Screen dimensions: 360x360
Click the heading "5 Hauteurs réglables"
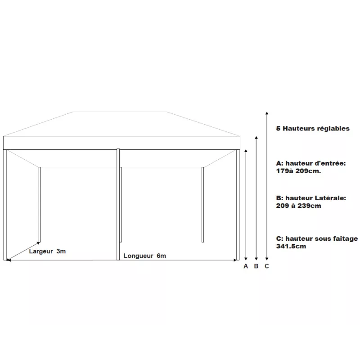pos(313,129)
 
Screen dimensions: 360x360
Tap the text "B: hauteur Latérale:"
pos(311,198)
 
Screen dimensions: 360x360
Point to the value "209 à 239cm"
pos(298,206)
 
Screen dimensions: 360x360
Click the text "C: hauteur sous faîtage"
pos(317,238)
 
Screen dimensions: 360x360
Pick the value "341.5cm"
pos(291,246)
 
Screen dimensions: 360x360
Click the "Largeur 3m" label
pos(47,251)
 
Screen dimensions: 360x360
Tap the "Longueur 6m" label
pos(145,256)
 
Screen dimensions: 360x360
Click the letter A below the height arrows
pos(246,266)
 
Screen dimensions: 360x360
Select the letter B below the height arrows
pos(256,266)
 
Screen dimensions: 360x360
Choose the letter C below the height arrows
pos(267,266)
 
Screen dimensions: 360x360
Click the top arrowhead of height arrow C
pos(267,112)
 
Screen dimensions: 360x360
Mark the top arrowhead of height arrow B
pos(256,136)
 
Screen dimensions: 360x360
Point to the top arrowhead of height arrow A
pos(246,150)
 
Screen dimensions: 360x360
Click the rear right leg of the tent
pos(203,205)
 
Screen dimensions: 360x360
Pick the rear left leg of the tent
pos(40,205)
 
